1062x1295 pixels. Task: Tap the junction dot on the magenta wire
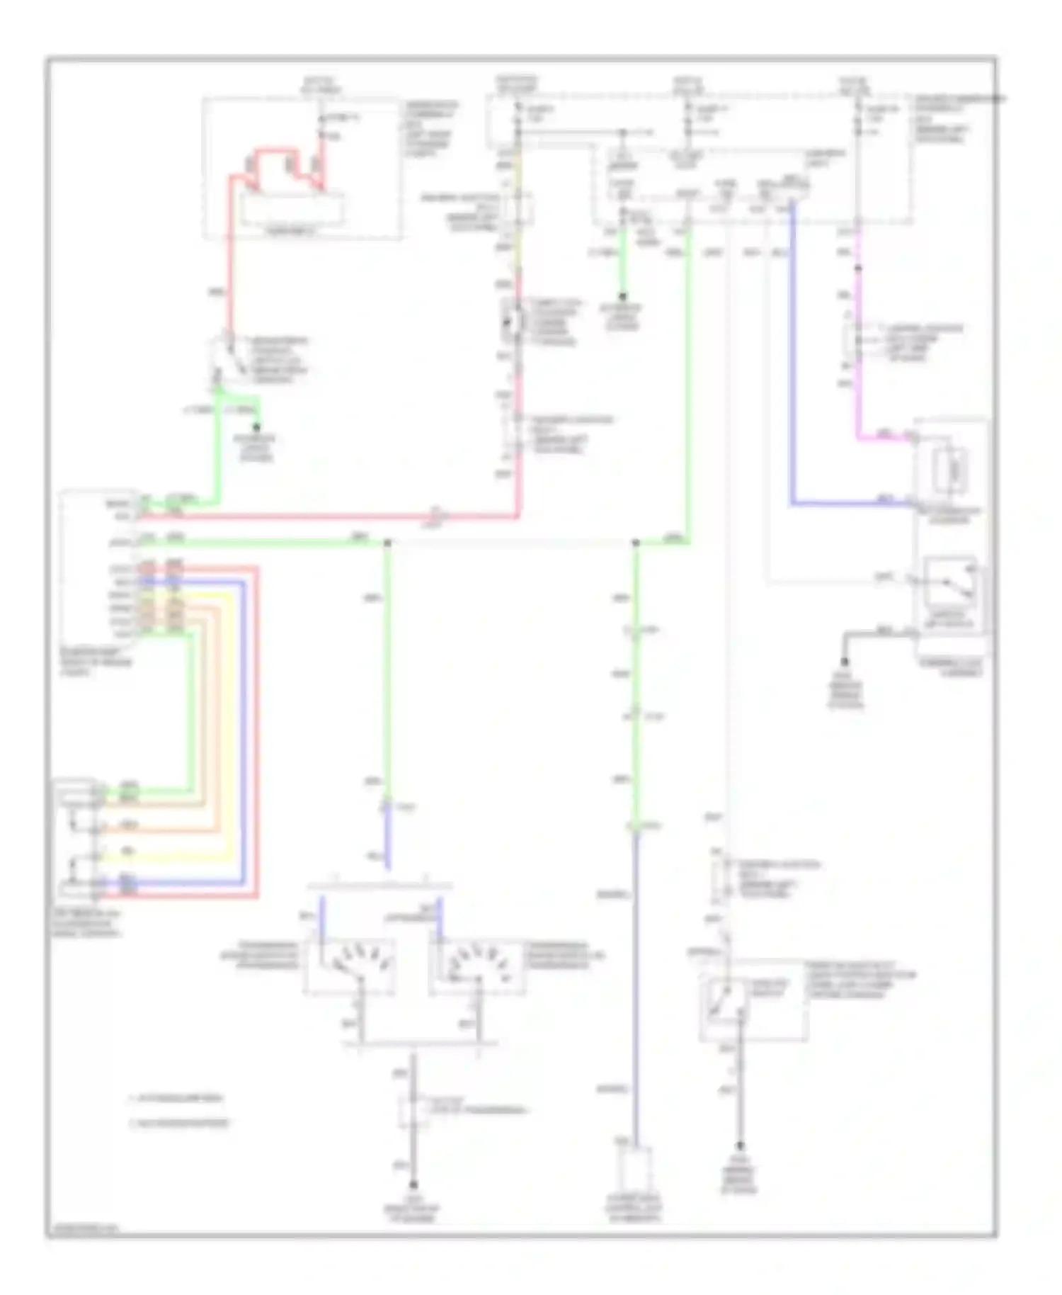point(858,268)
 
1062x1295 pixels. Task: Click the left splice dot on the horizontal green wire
point(387,543)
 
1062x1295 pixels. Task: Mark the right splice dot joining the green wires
point(635,543)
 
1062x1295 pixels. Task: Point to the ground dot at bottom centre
point(414,1184)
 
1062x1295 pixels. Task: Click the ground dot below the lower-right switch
point(741,1146)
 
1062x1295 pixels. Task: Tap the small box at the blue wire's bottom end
point(635,1170)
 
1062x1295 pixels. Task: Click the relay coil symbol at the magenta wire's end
point(950,468)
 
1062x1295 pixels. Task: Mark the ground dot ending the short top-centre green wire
point(623,296)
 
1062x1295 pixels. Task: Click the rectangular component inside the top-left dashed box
point(292,210)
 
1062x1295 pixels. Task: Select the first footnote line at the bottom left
point(177,1099)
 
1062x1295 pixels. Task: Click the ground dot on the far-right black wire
point(845,660)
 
